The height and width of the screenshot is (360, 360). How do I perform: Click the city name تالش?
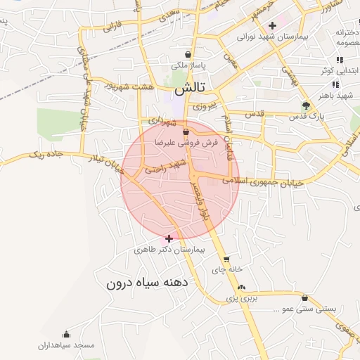pyautogui.click(x=190, y=89)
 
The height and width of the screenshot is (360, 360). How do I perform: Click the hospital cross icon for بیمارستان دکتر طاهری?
pyautogui.click(x=169, y=238)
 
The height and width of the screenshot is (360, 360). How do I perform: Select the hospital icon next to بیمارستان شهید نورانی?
pyautogui.click(x=272, y=25)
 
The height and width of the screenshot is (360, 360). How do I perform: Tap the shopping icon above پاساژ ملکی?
pyautogui.click(x=188, y=54)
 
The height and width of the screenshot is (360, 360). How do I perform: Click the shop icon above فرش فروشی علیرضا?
pyautogui.click(x=186, y=131)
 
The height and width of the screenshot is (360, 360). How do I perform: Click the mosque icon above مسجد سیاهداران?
pyautogui.click(x=67, y=334)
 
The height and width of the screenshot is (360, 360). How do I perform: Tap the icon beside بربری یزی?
pyautogui.click(x=242, y=287)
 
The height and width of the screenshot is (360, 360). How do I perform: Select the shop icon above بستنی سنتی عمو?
pyautogui.click(x=304, y=297)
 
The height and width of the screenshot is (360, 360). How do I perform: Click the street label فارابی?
pyautogui.click(x=112, y=27)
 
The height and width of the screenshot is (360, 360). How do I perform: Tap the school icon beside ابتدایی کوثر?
pyautogui.click(x=340, y=60)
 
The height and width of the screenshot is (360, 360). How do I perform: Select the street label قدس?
pyautogui.click(x=254, y=113)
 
